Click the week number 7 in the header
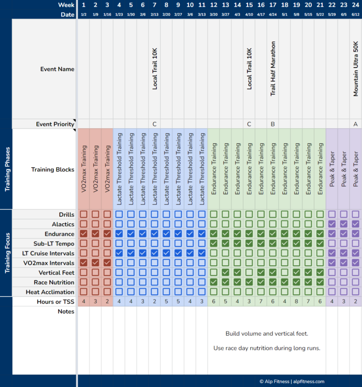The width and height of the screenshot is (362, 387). pos(155,5)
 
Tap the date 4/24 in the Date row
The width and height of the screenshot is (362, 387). pos(273,15)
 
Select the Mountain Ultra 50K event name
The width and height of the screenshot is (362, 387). pos(356,69)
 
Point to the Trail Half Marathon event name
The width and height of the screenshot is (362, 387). pos(273,69)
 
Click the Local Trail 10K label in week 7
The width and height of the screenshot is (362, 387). pos(155,69)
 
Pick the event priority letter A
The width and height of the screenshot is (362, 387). pos(356,124)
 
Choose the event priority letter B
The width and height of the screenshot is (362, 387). pos(273,124)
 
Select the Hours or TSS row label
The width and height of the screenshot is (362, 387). pos(55,302)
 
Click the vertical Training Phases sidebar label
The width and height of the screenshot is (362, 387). pos(7,169)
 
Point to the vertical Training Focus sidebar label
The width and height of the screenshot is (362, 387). pos(7,253)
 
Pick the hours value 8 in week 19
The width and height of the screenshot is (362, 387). pos(296,302)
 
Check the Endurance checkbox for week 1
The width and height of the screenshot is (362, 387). pos(83,234)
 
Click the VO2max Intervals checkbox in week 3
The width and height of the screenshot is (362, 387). pos(107,263)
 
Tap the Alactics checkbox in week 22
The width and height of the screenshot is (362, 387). pos(332,224)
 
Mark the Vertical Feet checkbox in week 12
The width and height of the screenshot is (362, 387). pos(214,273)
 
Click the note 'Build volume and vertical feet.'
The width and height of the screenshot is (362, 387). pos(266,334)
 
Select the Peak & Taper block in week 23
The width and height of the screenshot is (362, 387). pos(344,169)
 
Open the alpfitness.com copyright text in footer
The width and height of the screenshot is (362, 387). pos(291,381)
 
